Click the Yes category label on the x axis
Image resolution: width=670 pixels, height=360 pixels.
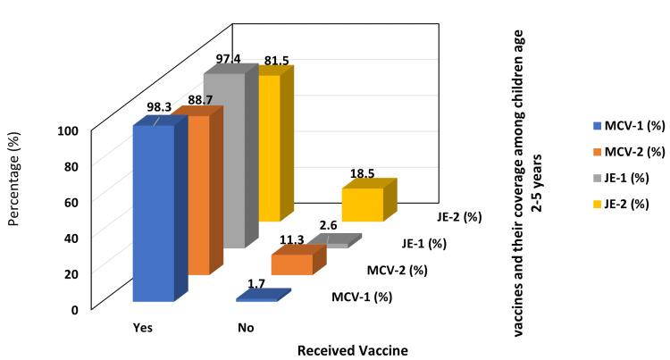click(141, 328)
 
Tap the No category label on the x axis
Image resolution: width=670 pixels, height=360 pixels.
click(246, 328)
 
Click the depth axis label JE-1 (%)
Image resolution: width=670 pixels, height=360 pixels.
click(424, 242)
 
